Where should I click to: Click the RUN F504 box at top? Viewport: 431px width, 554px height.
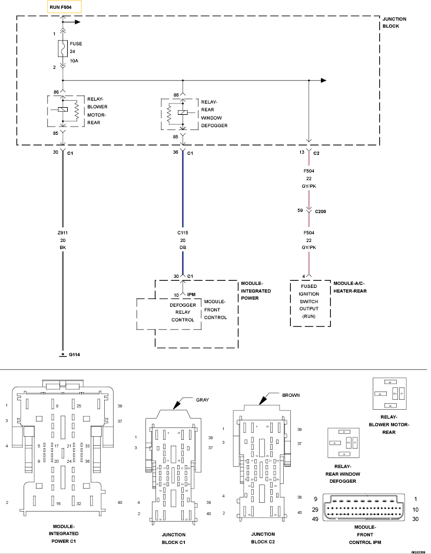point(65,7)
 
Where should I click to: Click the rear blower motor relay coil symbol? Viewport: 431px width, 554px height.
point(62,110)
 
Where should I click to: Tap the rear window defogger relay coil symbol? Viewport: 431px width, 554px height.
point(183,112)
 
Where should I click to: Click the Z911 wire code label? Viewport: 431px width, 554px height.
point(62,233)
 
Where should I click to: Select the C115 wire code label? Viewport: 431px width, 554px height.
point(183,233)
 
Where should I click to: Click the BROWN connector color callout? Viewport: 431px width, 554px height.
point(291,396)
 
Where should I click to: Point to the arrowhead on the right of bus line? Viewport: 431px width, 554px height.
point(323,80)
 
